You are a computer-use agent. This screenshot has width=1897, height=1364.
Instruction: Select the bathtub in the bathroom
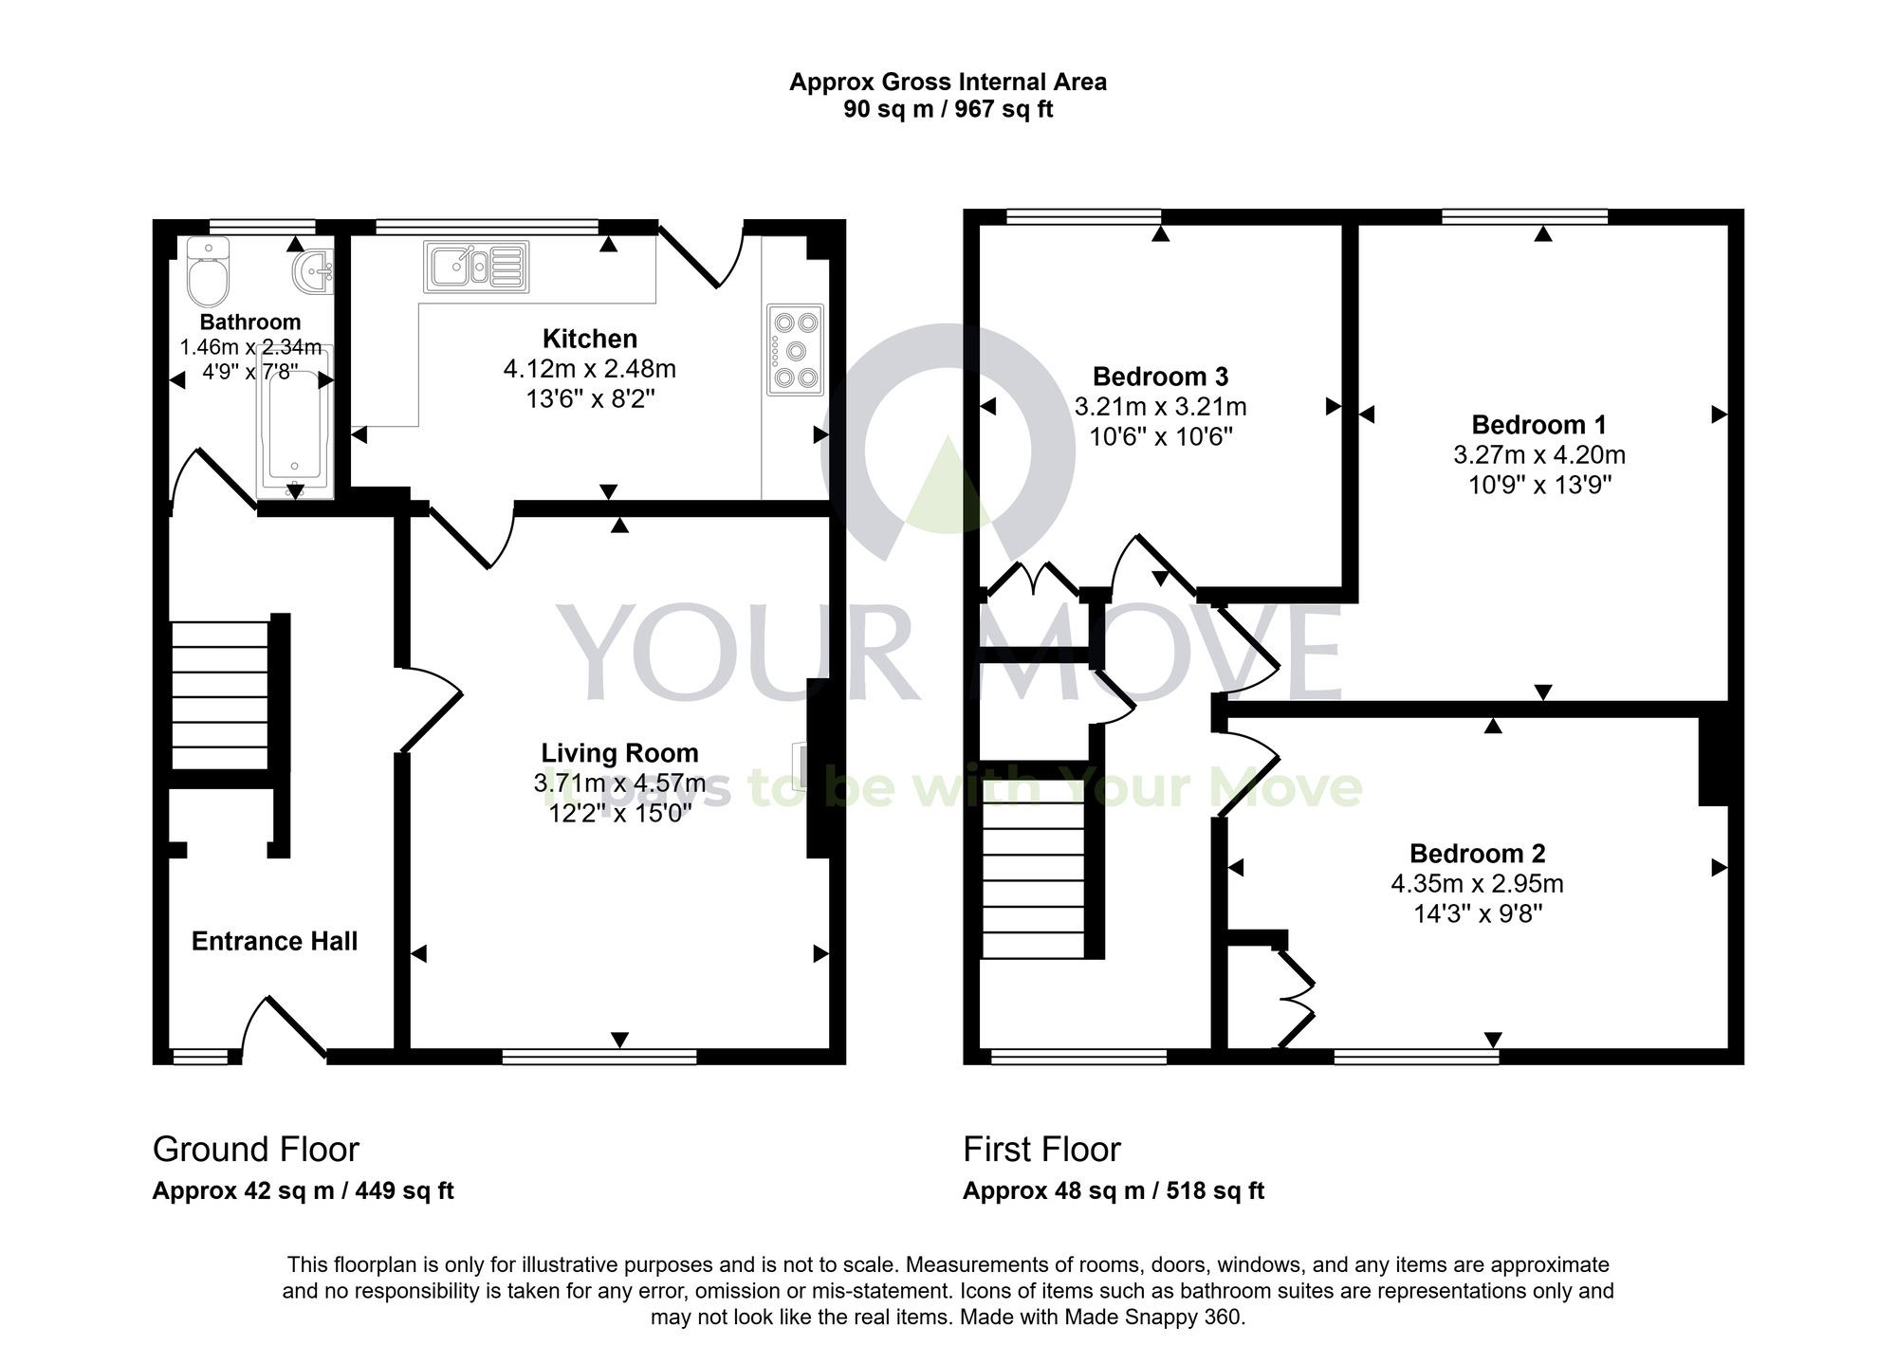(x=295, y=423)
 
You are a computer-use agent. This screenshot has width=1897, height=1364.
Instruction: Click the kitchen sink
(x=476, y=267)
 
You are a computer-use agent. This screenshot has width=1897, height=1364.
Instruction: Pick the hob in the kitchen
(x=795, y=349)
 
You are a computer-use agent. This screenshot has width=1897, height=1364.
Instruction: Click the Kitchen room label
(x=590, y=339)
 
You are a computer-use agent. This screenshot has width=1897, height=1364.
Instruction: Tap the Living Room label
(x=619, y=753)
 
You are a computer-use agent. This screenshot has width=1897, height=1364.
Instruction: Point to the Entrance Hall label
(x=274, y=941)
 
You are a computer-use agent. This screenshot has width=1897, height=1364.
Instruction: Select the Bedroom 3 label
(x=1160, y=377)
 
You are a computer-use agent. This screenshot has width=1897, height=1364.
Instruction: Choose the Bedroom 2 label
(x=1477, y=854)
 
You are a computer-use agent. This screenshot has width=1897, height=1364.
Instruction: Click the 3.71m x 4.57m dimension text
(x=619, y=783)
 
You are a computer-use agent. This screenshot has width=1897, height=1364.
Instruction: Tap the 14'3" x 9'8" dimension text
(x=1477, y=914)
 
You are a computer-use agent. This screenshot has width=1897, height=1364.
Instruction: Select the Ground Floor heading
(x=256, y=1150)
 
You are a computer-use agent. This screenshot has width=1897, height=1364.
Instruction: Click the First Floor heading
(x=1041, y=1150)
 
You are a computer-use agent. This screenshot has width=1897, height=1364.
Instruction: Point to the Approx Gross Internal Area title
(x=948, y=83)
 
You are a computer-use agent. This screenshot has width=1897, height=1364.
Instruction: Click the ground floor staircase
(x=220, y=695)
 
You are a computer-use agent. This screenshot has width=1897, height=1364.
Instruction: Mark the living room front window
(x=599, y=1057)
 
